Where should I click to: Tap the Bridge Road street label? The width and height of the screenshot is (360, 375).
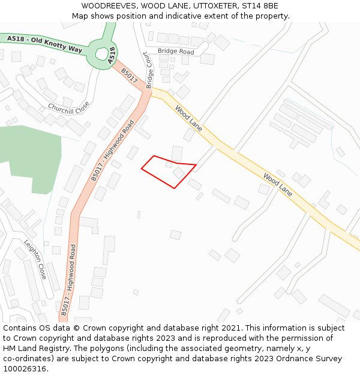pos(176,52)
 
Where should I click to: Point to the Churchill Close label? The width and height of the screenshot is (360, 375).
pos(68,107)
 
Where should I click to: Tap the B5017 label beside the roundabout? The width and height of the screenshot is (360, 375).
pos(129,76)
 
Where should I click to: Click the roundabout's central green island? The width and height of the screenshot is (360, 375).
pos(100,52)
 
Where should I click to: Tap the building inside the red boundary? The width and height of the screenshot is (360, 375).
pos(179,173)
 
